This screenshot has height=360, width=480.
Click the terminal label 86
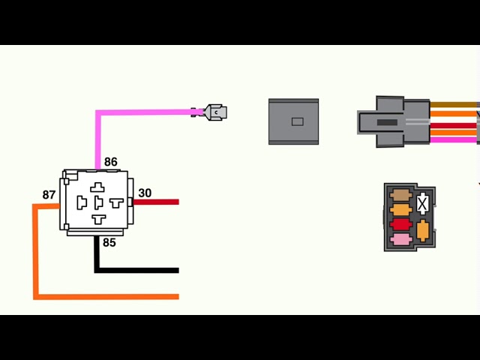click(111, 162)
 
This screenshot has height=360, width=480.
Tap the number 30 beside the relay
click(145, 193)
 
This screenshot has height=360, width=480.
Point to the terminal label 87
click(49, 195)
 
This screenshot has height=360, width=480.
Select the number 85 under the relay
click(109, 242)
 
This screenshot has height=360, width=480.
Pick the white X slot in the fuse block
click(423, 202)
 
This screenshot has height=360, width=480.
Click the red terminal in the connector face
click(400, 223)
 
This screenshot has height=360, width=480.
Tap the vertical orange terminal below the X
click(423, 229)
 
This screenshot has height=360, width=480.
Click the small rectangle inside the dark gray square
click(297, 121)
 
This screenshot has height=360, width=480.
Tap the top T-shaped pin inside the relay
click(98, 187)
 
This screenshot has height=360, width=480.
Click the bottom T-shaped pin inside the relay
click(98, 218)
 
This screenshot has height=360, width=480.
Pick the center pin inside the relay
click(98, 203)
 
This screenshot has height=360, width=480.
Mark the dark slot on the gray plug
click(386, 121)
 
